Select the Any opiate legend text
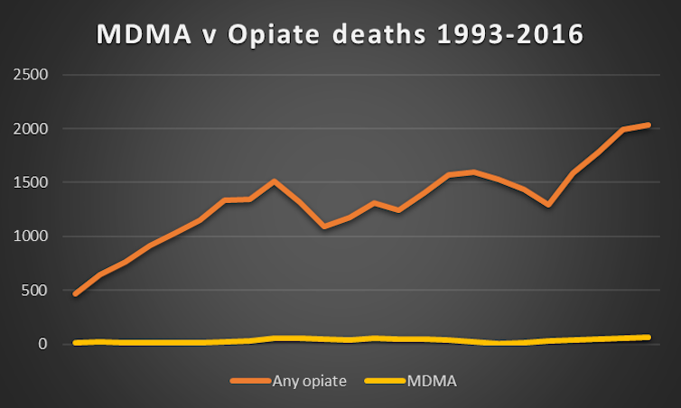(x=309, y=381)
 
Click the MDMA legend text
(x=431, y=381)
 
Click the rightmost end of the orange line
(x=648, y=125)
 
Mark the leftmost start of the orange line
(x=75, y=293)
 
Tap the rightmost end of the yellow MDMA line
(x=648, y=338)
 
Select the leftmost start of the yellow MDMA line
(x=75, y=343)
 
